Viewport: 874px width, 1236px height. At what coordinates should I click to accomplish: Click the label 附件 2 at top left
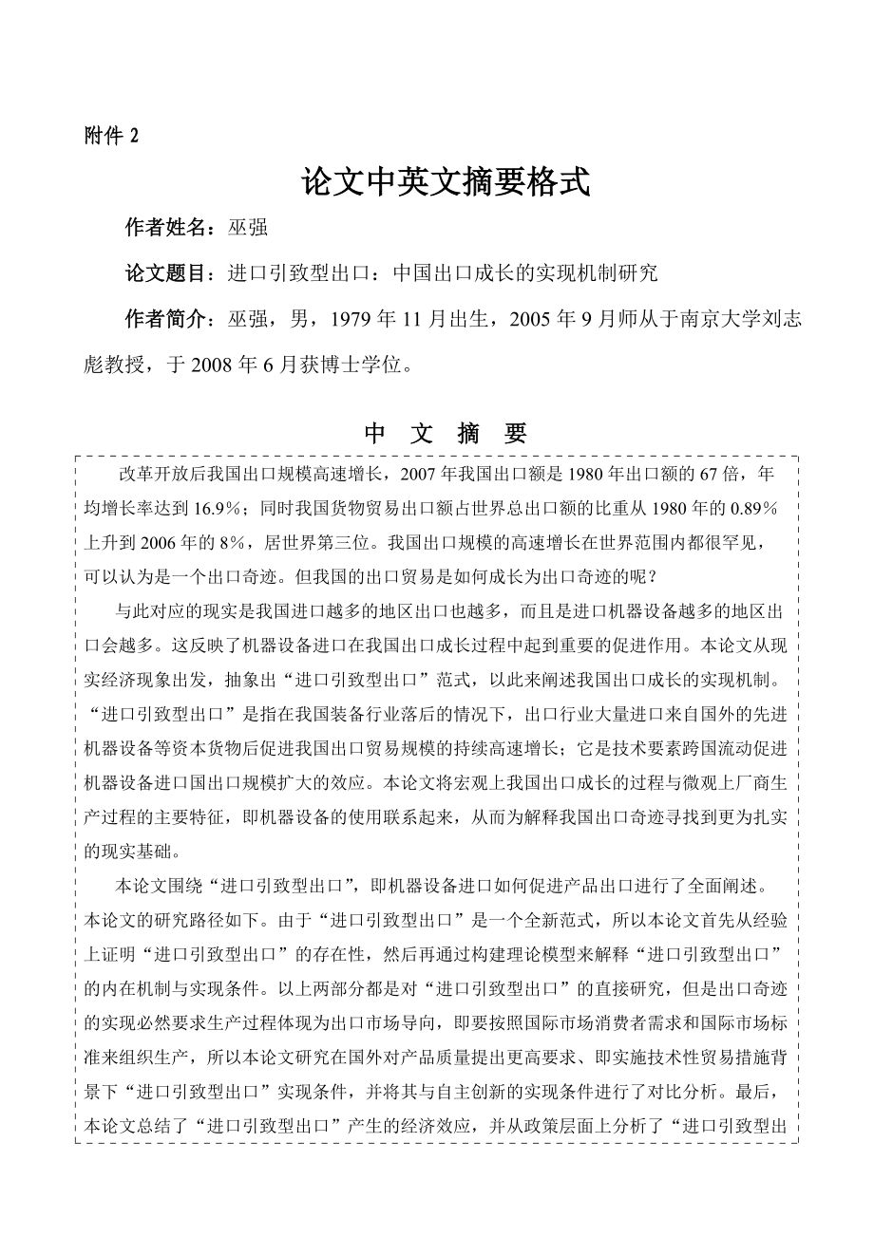[111, 136]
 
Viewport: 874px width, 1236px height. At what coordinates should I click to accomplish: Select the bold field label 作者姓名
[165, 227]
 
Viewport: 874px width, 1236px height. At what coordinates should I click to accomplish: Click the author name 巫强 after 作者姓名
[249, 227]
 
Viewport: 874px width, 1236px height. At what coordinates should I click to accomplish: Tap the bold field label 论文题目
[165, 273]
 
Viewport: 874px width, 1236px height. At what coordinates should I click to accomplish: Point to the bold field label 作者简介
[165, 319]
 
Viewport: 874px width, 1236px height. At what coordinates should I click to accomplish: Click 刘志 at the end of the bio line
[779, 320]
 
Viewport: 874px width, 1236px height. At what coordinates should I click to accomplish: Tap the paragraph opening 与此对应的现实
[172, 610]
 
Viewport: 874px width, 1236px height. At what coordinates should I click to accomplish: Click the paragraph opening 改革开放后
[156, 472]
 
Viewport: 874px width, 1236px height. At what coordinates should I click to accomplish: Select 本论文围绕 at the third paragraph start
[156, 887]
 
